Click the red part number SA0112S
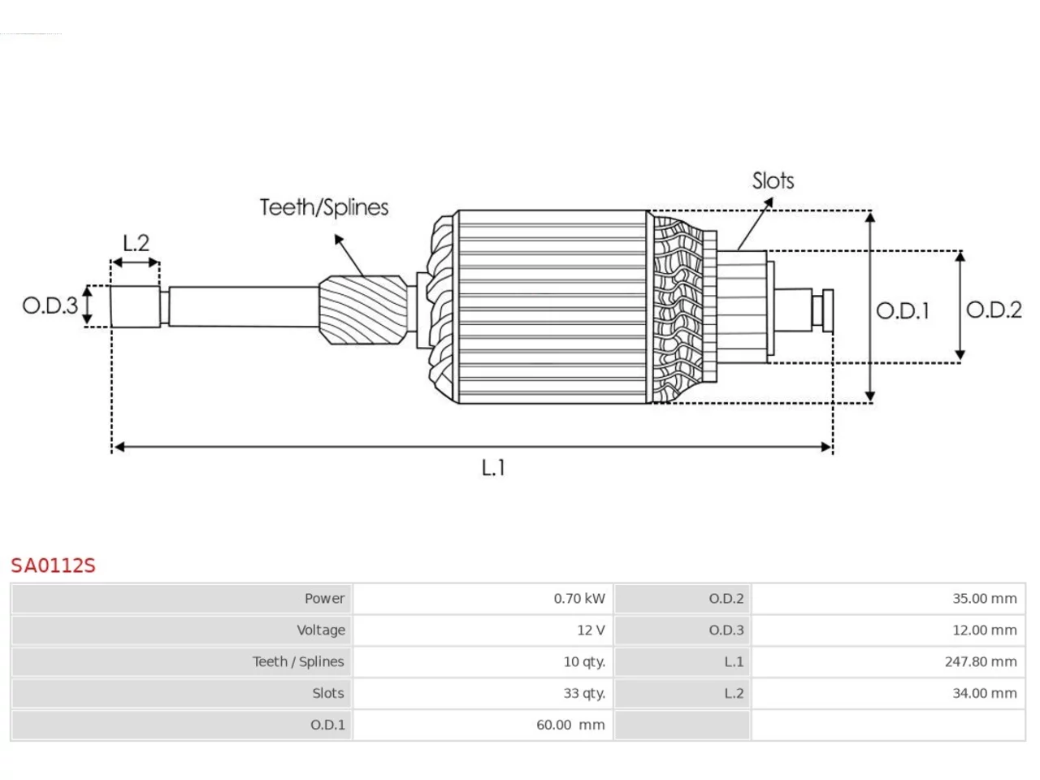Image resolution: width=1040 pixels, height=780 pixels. click(x=53, y=565)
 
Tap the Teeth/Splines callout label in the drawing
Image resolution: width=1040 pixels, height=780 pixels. click(x=324, y=207)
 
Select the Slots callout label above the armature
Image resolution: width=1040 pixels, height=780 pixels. click(x=773, y=180)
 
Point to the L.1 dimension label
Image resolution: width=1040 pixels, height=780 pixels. click(x=493, y=467)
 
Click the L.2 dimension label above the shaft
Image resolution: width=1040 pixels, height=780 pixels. click(x=136, y=243)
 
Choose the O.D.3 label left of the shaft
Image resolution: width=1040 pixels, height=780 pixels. click(x=50, y=305)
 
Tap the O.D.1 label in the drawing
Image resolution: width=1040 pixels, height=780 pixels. click(x=903, y=310)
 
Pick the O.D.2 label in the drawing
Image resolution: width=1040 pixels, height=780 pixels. click(x=994, y=310)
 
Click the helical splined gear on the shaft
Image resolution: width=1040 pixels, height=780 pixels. click(x=363, y=310)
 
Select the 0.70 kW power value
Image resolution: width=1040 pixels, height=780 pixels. click(x=579, y=598)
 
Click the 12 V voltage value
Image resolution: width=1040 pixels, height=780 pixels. click(x=591, y=630)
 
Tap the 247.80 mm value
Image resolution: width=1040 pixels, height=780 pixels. click(x=981, y=661)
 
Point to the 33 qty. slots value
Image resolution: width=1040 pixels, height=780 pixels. click(x=584, y=693)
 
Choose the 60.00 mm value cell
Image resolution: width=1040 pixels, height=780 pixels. click(x=570, y=725)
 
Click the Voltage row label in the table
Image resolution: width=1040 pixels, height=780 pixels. click(x=321, y=630)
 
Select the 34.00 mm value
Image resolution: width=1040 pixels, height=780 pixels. click(x=985, y=693)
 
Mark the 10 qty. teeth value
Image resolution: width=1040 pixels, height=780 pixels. click(x=584, y=661)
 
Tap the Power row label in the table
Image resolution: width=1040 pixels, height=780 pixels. click(x=324, y=598)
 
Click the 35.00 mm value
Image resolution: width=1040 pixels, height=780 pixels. click(x=985, y=598)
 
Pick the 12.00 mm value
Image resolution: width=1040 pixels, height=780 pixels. click(x=985, y=630)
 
